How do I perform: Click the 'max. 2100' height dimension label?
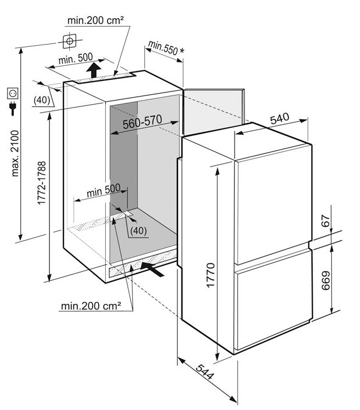click(x=15, y=153)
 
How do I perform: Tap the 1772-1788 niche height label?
click(x=42, y=183)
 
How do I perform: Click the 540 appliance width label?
click(x=280, y=119)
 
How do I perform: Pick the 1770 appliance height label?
click(x=210, y=275)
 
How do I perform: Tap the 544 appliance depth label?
click(x=205, y=372)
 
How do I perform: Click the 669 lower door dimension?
click(x=325, y=280)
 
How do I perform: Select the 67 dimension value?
click(x=325, y=221)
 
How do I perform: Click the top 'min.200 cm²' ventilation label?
click(x=95, y=20)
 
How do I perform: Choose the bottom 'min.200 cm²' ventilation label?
click(x=91, y=305)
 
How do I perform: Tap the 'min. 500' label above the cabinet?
click(x=76, y=58)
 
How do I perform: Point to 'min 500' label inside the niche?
click(x=103, y=190)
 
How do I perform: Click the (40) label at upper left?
click(x=42, y=100)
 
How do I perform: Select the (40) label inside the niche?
click(x=139, y=231)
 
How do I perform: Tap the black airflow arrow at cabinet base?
click(x=152, y=269)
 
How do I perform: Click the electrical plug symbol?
click(x=13, y=108)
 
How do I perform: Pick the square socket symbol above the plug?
click(x=13, y=93)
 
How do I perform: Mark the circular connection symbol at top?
click(x=69, y=41)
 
